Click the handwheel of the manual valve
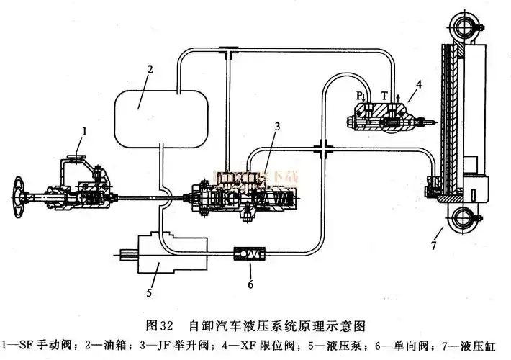click(21, 197)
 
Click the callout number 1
click(85, 131)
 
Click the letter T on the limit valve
click(384, 94)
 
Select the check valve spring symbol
click(251, 253)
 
